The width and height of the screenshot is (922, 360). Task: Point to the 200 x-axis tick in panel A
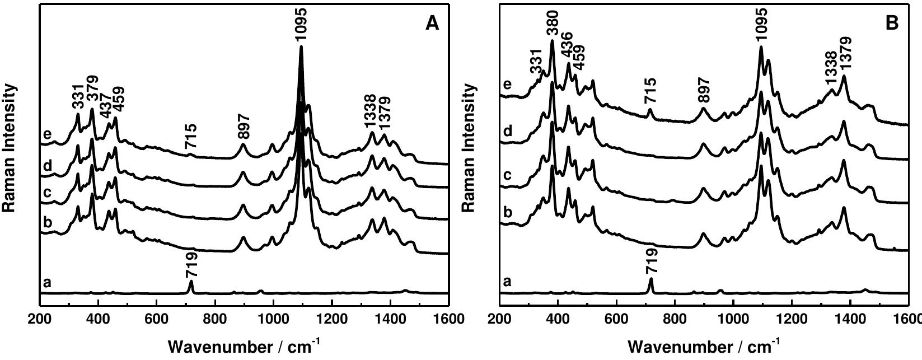(x=40, y=319)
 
